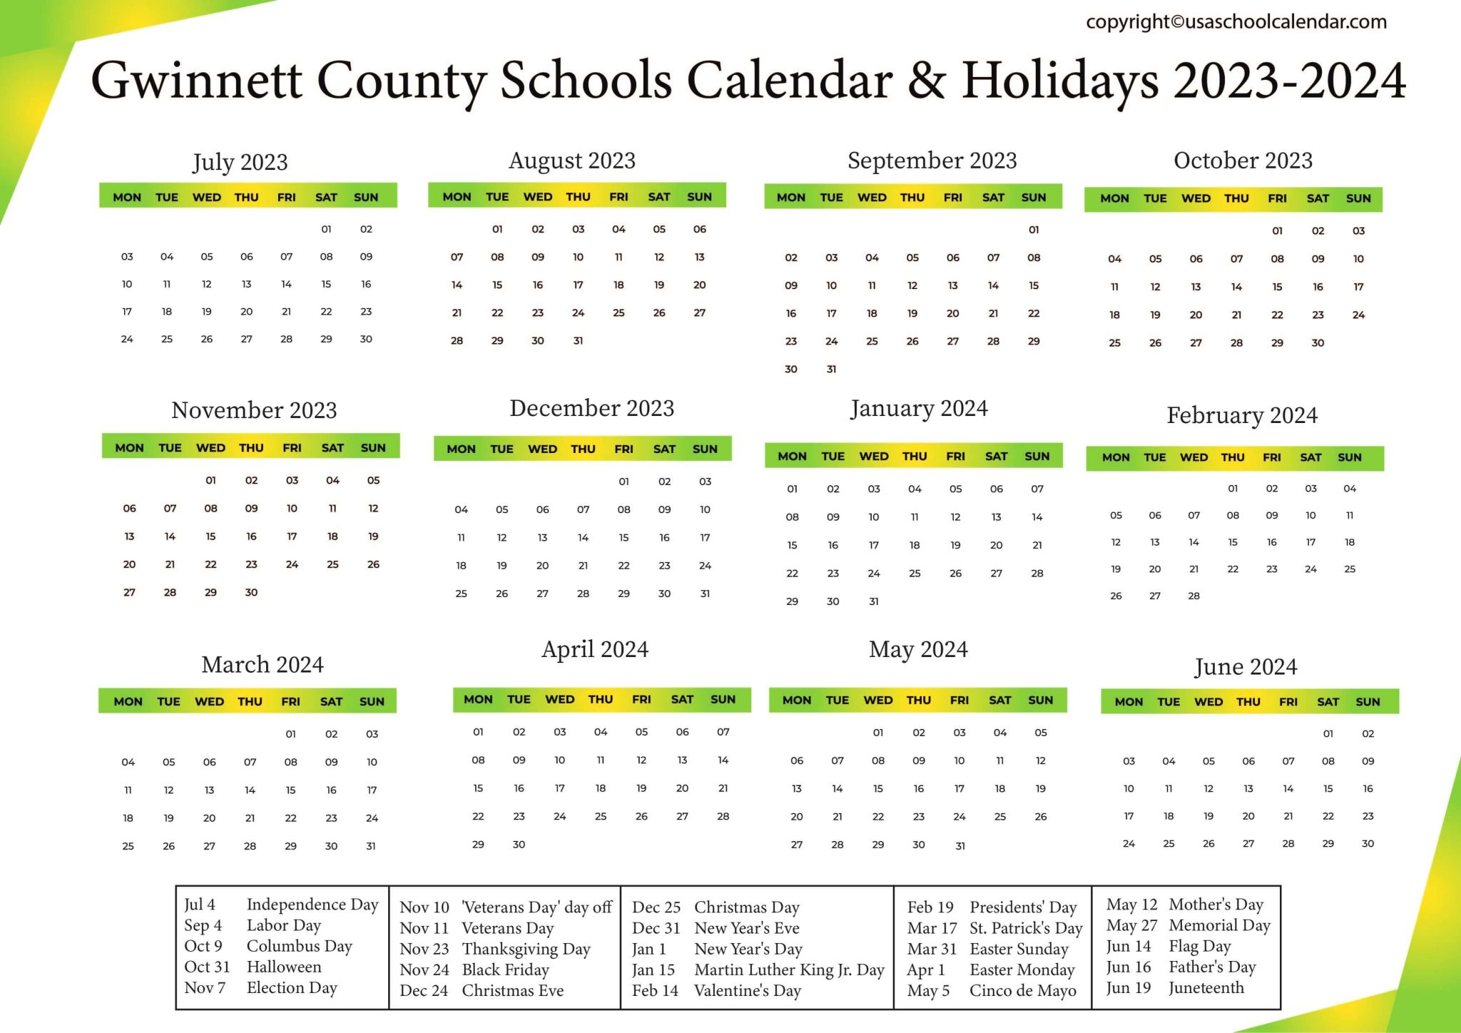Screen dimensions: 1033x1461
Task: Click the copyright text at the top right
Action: click(1236, 22)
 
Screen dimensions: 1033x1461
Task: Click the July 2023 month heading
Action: click(240, 162)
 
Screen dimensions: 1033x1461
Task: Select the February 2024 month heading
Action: click(1241, 415)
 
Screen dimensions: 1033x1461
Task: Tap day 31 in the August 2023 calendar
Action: click(578, 341)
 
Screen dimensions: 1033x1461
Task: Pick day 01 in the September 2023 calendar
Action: click(1034, 230)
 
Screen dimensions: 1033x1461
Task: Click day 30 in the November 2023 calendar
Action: click(251, 592)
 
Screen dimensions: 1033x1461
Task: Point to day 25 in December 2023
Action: click(461, 594)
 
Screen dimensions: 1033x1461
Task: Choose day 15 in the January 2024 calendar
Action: click(792, 545)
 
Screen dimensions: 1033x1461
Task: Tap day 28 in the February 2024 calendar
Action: click(1193, 596)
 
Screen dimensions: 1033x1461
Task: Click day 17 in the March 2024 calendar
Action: click(372, 790)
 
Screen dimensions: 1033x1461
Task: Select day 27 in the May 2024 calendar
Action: click(796, 845)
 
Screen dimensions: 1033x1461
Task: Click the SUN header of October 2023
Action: click(1358, 198)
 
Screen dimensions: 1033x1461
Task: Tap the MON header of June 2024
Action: click(1128, 702)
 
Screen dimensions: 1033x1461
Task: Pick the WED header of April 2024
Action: click(559, 699)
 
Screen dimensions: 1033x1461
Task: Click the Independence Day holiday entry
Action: click(312, 905)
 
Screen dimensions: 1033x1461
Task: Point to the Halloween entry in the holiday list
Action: click(284, 967)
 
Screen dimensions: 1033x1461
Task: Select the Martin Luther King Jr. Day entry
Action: click(789, 970)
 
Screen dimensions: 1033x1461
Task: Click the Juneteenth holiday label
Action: click(1206, 987)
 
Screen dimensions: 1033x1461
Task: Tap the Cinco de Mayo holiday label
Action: click(1022, 990)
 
